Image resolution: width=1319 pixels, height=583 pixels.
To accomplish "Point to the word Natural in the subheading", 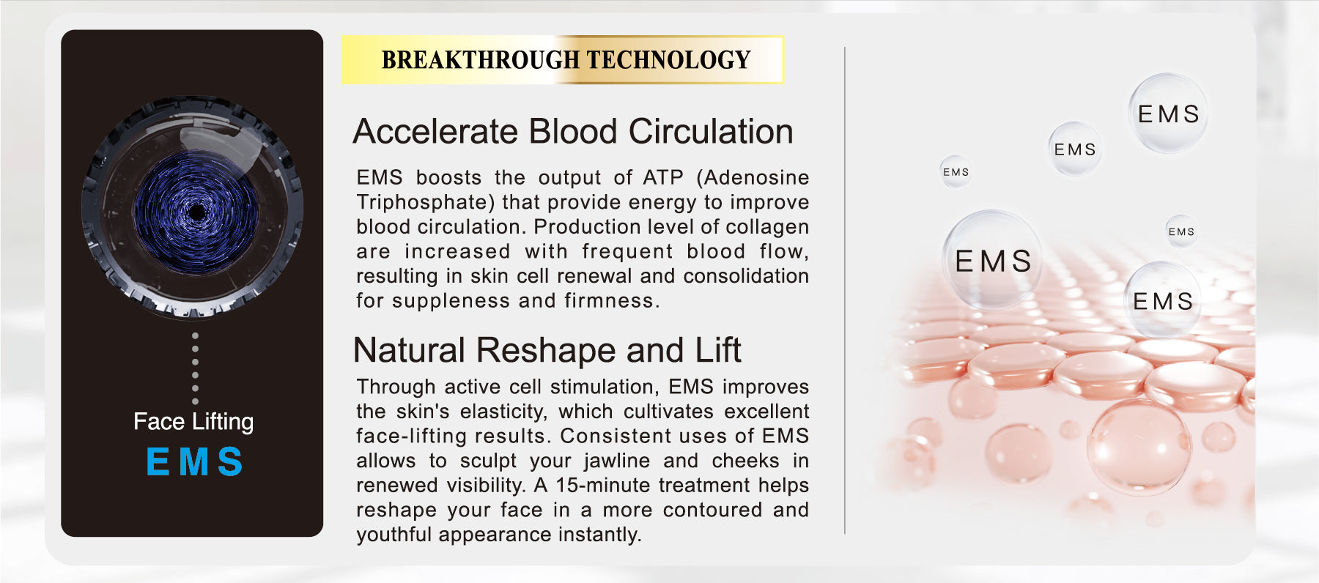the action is tap(409, 350).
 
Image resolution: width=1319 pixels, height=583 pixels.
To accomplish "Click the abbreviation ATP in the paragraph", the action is tap(663, 177).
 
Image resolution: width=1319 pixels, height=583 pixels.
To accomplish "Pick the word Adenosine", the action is tap(753, 177).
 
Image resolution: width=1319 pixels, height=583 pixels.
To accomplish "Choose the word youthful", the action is tap(394, 535).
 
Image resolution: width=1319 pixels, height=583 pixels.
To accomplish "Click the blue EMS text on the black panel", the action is tap(194, 462).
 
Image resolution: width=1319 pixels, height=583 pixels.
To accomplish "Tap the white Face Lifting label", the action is tap(193, 422).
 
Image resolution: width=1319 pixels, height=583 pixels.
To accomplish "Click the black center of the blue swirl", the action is tap(196, 212).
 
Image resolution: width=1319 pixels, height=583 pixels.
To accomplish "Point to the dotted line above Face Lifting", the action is tap(195, 368).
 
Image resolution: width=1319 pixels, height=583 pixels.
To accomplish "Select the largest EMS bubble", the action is tap(993, 260).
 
